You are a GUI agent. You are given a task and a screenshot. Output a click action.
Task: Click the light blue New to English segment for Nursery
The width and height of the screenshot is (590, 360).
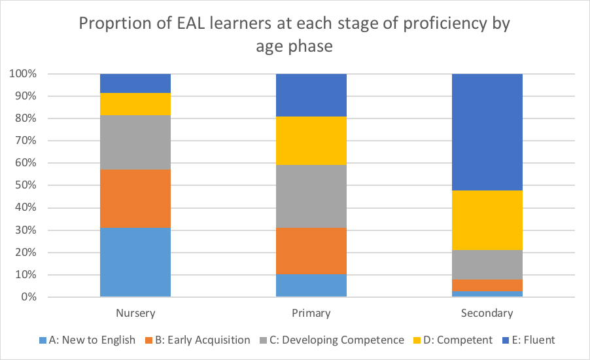[135, 262]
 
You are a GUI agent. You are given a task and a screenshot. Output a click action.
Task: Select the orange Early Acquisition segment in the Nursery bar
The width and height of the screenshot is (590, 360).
[135, 198]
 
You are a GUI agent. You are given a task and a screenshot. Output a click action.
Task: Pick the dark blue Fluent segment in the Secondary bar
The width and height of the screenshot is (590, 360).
[487, 132]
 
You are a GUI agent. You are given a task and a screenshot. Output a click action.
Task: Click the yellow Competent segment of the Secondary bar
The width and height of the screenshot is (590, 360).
[487, 220]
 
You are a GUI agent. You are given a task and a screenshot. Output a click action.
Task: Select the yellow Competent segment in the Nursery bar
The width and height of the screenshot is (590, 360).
[135, 103]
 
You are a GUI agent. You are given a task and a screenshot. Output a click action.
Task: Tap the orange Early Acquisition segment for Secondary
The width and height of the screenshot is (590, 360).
[487, 285]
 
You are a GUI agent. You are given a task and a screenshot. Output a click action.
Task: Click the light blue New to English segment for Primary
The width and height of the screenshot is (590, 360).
[311, 285]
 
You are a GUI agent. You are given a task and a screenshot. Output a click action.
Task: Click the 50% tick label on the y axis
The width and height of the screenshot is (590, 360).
[24, 186]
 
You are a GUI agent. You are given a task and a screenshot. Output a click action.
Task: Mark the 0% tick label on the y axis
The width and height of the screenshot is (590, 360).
[26, 298]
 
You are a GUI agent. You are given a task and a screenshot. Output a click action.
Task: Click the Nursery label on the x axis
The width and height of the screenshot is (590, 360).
[135, 313]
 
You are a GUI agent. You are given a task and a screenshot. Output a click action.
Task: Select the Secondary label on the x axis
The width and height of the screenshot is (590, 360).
[487, 313]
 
